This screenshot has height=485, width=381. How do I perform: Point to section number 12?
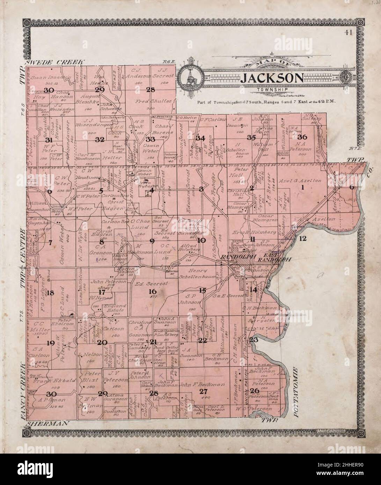(x=302, y=238)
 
